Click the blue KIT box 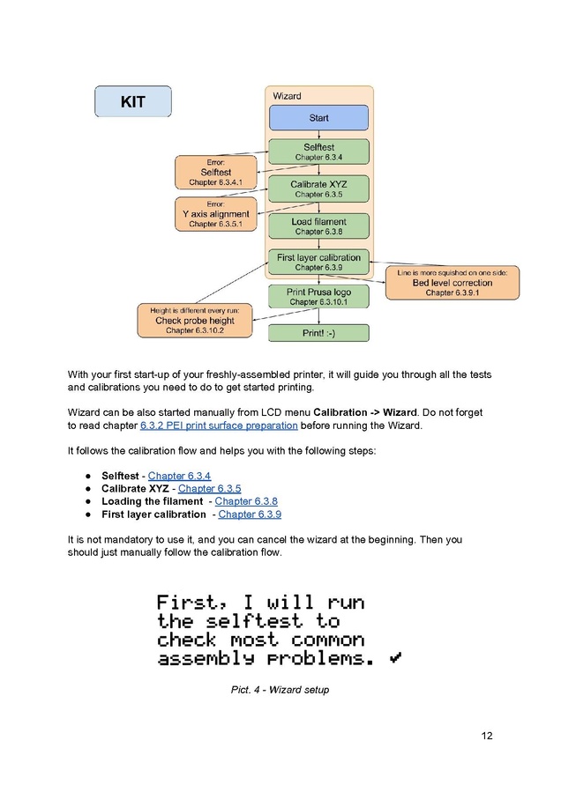pos(133,101)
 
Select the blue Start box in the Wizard pos(318,118)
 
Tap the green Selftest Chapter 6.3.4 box pos(318,152)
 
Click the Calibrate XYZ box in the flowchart pos(318,189)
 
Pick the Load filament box pos(318,226)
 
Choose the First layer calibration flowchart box pos(318,262)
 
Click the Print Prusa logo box pos(318,297)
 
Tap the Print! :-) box pos(318,333)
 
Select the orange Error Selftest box pos(216,173)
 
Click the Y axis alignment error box pos(216,214)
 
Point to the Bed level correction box pos(453,283)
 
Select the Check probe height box pos(195,320)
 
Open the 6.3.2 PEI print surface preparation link pos(219,426)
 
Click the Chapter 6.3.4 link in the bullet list pos(180,476)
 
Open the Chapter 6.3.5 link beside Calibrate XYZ pos(209,488)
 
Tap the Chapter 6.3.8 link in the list pos(246,501)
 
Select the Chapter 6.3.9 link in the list pos(250,514)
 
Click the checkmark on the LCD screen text pos(395,657)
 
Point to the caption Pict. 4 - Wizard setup pos(280,690)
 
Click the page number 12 pos(487,736)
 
